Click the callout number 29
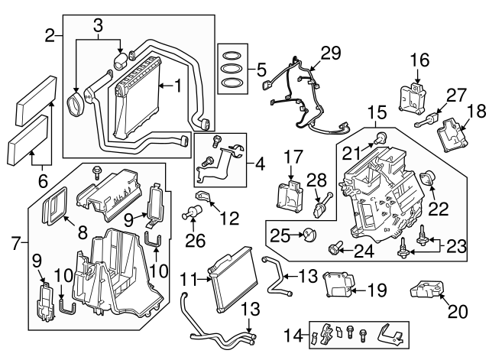tap(330, 53)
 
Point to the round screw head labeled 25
tap(309, 232)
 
